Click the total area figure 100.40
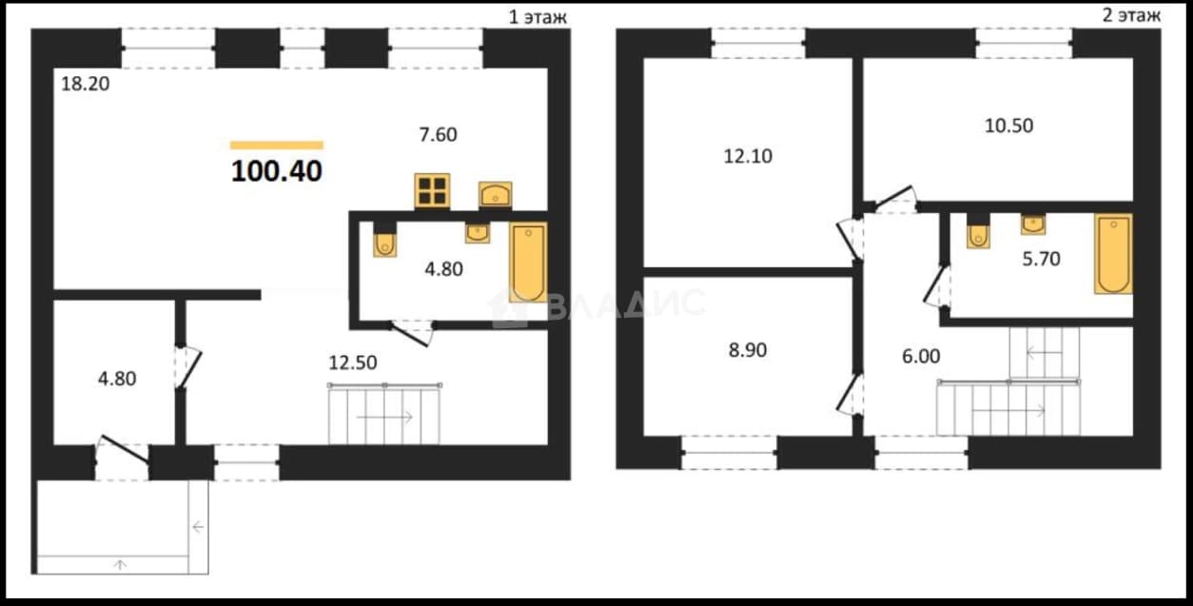point(277,171)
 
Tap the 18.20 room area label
point(86,84)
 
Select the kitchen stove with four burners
point(432,190)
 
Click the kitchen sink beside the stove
point(496,195)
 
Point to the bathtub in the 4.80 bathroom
point(528,263)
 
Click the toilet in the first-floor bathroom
point(384,241)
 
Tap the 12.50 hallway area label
point(353,362)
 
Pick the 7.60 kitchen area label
point(438,134)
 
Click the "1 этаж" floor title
point(538,17)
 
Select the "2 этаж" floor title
point(1131,15)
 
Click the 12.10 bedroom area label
point(748,156)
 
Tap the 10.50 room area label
point(1008,126)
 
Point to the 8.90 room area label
point(748,350)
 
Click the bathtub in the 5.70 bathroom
point(1114,254)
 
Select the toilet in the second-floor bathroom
point(978,231)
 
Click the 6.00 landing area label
point(921,356)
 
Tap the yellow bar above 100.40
point(277,146)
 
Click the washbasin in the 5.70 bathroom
point(1033,225)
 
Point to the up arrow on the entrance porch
point(121,564)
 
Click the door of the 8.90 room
point(850,394)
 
